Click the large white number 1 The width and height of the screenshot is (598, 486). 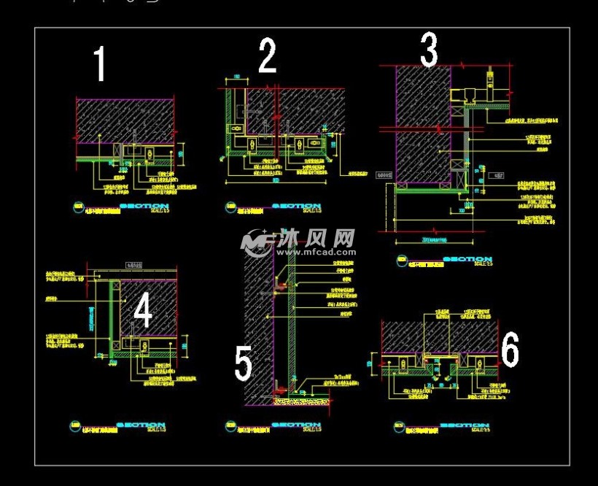[101, 64]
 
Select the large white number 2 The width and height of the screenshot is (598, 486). [268, 56]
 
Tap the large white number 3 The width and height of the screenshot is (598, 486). [429, 50]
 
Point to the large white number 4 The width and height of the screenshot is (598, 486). [143, 312]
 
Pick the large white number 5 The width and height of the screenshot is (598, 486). [243, 363]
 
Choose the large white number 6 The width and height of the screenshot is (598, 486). [510, 350]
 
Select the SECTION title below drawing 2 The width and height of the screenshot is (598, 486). [296, 207]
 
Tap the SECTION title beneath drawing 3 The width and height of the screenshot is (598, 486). [467, 259]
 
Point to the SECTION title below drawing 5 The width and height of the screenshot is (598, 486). [295, 425]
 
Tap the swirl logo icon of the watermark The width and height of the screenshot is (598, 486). [257, 242]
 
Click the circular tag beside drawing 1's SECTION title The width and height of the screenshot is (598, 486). [79, 207]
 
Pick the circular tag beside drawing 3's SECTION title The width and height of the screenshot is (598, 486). [401, 260]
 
